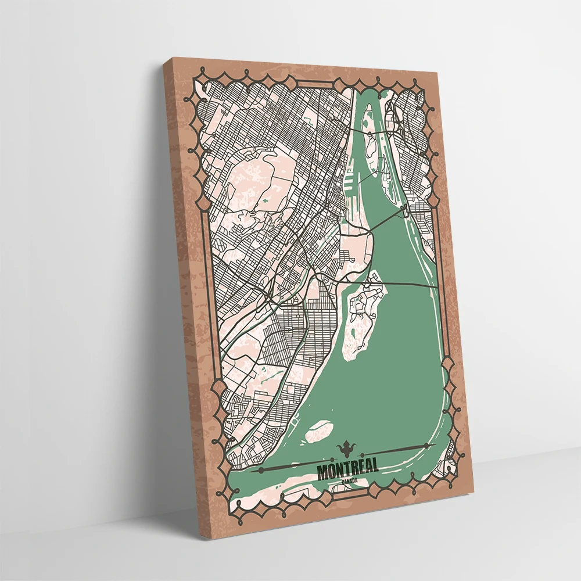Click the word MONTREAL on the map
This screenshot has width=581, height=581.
pos(348,468)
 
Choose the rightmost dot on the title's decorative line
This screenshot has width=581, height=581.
pos(429,446)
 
